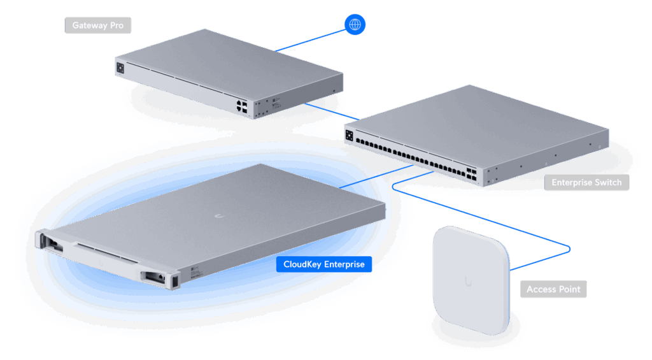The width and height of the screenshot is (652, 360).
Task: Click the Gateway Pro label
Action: [97, 25]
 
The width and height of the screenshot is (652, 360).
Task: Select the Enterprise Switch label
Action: [586, 182]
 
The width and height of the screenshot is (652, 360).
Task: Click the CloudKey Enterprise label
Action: [324, 264]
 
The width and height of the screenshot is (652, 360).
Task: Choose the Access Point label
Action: [553, 289]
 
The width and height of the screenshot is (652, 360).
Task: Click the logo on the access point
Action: [469, 280]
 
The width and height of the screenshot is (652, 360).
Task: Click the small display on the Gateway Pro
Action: [120, 66]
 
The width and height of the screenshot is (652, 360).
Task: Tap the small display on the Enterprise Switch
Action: [349, 134]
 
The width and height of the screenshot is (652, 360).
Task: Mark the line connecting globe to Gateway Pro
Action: [312, 38]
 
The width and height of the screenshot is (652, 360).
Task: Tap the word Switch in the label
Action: [608, 182]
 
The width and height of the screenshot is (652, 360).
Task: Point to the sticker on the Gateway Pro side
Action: [275, 101]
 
